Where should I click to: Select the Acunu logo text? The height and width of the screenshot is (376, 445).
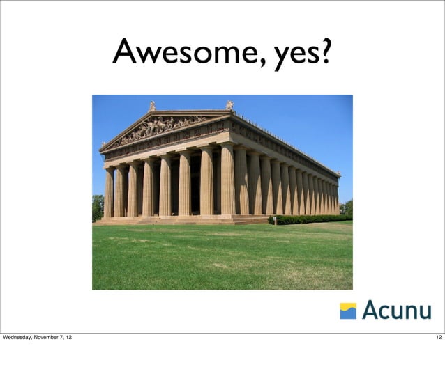coord(396,310)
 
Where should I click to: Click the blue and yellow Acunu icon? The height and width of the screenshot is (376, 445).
coord(348,311)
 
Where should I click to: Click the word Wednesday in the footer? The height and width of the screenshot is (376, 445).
coord(21,338)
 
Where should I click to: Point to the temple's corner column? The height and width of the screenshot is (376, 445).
coord(227,179)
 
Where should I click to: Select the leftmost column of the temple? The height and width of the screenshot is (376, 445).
coord(109,191)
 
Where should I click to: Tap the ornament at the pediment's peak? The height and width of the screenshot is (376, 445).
coord(152,106)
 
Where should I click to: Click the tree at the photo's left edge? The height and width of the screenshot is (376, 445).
coord(98,207)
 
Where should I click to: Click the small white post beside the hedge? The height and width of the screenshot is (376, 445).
coord(274,221)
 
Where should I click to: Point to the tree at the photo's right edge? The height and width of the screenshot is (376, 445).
coord(347,207)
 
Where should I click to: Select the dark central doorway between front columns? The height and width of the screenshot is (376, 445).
coord(195,188)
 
